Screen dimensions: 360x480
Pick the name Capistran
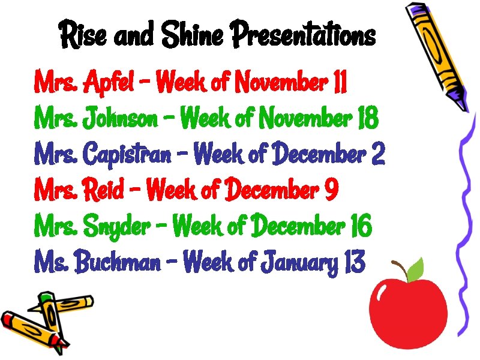(x=126, y=155)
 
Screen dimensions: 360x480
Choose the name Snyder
(x=117, y=227)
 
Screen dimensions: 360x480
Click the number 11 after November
(x=339, y=82)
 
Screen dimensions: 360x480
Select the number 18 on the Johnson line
(x=367, y=118)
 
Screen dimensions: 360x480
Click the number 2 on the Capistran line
(x=378, y=155)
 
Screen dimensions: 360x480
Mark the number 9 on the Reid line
(x=331, y=191)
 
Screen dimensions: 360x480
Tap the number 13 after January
(x=355, y=262)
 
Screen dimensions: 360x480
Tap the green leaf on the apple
(x=414, y=269)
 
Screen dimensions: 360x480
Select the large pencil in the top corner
(x=436, y=54)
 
